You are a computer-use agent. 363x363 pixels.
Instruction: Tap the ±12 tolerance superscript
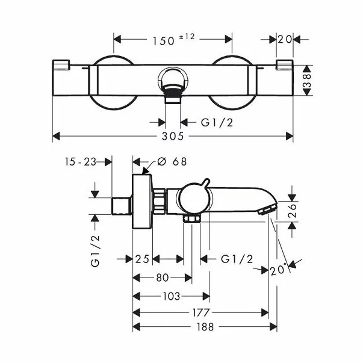coord(187,37)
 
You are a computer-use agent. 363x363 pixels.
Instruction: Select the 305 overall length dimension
coord(173,137)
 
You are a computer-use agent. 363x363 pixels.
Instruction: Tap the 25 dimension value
coord(142,259)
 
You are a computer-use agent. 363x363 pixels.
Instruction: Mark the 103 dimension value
coord(172,296)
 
